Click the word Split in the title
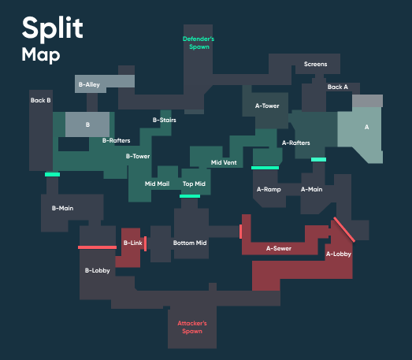point(53,28)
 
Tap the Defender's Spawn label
point(199,43)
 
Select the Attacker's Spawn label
point(192,327)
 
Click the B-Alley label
point(89,84)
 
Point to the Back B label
point(40,100)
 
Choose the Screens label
point(316,64)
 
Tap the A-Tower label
point(267,106)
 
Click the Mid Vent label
point(224,162)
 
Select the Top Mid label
point(194,184)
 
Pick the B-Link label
point(132,243)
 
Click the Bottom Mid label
point(190,243)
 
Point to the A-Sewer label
point(279,248)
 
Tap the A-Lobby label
point(339,254)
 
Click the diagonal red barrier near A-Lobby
point(344,229)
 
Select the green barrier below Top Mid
point(190,196)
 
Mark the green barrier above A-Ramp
point(265,168)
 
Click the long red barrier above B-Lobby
point(97,247)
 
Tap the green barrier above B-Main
point(52,174)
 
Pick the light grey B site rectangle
point(87,124)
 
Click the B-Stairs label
point(165,120)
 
